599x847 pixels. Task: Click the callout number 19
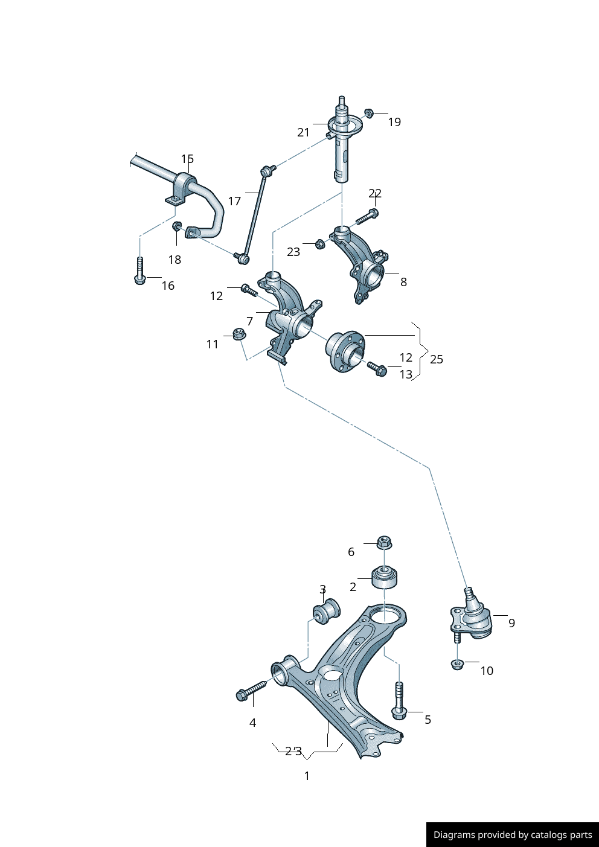394,122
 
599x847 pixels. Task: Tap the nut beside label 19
369,113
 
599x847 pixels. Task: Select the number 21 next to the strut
303,132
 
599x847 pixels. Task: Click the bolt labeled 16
139,271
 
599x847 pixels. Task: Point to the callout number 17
234,201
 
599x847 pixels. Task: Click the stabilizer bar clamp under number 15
183,187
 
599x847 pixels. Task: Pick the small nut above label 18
177,226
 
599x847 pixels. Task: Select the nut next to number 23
320,245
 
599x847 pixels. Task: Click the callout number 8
403,282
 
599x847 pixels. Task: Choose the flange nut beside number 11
239,334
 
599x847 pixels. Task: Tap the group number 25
437,359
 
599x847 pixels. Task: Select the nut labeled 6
383,542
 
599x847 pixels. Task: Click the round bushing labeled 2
384,577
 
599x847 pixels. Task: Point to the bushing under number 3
327,612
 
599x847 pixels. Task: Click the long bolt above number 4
251,691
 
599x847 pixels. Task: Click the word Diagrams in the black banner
453,835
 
